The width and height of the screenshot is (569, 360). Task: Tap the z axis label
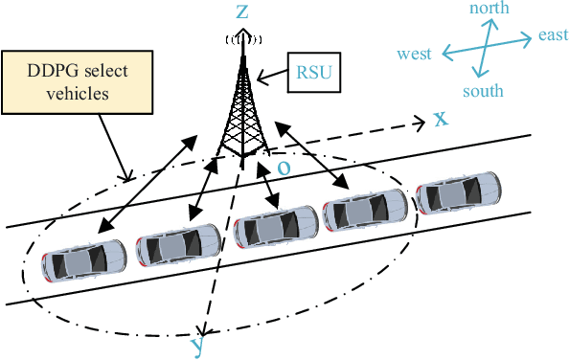tap(243, 11)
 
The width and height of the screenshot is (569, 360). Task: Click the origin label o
tap(284, 166)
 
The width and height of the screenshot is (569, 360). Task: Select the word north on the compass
tap(489, 9)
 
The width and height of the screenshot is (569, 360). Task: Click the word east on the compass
tap(553, 35)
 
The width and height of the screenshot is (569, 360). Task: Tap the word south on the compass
tap(483, 91)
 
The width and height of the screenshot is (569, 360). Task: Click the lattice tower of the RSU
tap(242, 110)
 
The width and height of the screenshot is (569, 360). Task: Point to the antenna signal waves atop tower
tap(243, 39)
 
